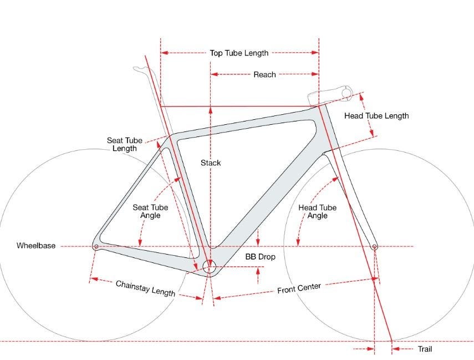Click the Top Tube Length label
(239, 53)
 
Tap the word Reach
(264, 75)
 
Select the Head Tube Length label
(376, 116)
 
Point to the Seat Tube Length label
(125, 144)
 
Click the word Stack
(211, 163)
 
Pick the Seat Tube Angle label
(150, 211)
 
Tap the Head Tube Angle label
(318, 211)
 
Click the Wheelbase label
(36, 245)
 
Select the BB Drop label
(260, 257)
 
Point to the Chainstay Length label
(145, 288)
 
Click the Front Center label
(299, 288)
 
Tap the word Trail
(425, 349)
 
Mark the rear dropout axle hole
(96, 247)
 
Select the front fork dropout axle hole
(374, 247)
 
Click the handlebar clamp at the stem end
(346, 92)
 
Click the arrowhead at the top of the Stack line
(211, 110)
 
